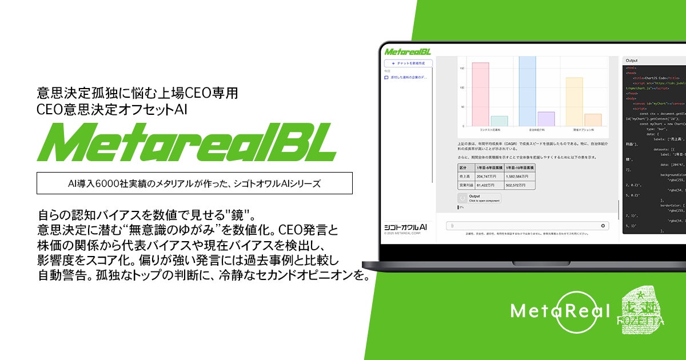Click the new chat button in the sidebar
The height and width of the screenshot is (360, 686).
[408, 63]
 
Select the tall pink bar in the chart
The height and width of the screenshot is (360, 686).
[480, 94]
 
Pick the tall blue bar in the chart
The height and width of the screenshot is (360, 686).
[527, 91]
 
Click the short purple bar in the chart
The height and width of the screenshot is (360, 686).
[546, 119]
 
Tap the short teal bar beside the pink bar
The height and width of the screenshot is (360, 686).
[499, 121]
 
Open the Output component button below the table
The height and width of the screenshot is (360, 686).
[479, 198]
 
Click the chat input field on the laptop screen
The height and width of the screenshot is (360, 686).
[526, 226]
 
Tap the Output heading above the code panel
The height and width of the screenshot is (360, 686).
[632, 60]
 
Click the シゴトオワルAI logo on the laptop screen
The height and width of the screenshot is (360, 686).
[405, 227]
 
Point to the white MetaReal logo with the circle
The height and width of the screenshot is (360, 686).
[560, 311]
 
